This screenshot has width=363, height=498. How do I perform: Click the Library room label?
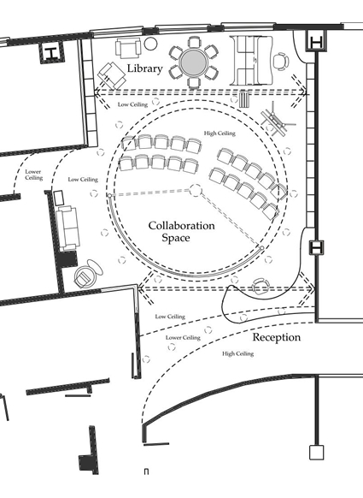coord(145,68)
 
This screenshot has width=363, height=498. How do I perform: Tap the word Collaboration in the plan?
coord(181,226)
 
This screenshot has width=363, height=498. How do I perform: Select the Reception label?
coord(277,337)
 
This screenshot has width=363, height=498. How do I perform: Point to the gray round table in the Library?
coord(194,62)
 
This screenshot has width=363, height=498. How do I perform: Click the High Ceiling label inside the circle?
coord(220,133)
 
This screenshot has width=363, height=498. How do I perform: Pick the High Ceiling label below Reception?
coord(238,353)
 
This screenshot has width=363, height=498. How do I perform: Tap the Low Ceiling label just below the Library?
coord(133,104)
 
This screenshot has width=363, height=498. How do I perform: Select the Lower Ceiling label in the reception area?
coord(183,337)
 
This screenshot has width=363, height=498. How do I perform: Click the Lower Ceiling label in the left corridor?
coord(33,175)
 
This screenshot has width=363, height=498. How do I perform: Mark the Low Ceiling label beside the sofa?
coord(83,180)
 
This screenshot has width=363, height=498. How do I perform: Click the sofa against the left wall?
coord(67,228)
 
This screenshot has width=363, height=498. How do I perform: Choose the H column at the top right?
coord(316,41)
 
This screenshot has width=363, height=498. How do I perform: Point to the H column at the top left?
coord(51,53)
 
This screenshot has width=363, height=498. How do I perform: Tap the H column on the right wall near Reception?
coord(316,247)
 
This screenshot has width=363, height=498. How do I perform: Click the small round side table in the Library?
coord(150,44)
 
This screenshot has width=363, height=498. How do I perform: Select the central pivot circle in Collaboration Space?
coord(196,190)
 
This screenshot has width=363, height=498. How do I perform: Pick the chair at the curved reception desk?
coord(261,287)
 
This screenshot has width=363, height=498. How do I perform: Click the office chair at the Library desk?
coord(281,61)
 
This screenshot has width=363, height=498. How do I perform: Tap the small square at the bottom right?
coord(316,453)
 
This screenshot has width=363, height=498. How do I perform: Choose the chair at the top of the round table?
coord(194,42)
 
